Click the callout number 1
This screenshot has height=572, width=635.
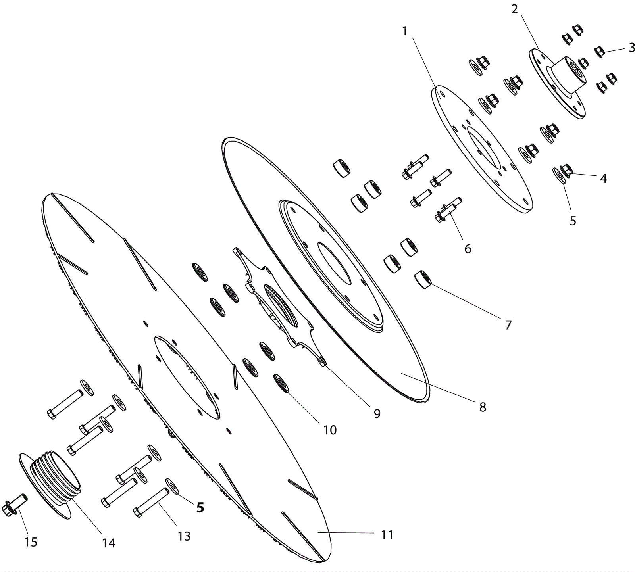point(404,31)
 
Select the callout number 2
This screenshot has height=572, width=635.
point(514,9)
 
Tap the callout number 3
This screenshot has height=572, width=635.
point(632,48)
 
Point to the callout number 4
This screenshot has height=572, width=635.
point(603,179)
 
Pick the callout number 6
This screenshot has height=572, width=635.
point(468,249)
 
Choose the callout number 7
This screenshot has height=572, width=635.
point(508,325)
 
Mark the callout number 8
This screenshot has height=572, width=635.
point(483,407)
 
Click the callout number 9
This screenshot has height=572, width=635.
point(377,413)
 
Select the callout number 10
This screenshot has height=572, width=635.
point(330,430)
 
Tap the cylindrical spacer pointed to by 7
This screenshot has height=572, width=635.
point(423,279)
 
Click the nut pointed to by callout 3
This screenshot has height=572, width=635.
point(599,52)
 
